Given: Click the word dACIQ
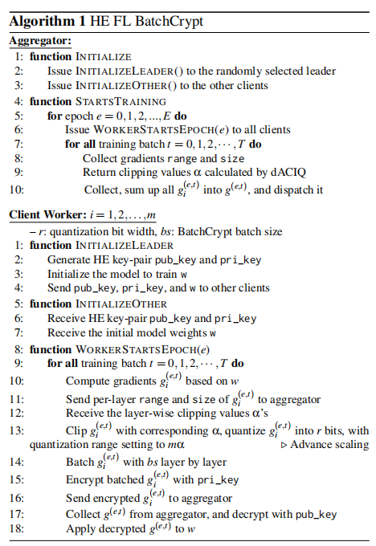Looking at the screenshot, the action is pos(295,173).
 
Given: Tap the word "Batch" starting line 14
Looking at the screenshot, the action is pos(81,462).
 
